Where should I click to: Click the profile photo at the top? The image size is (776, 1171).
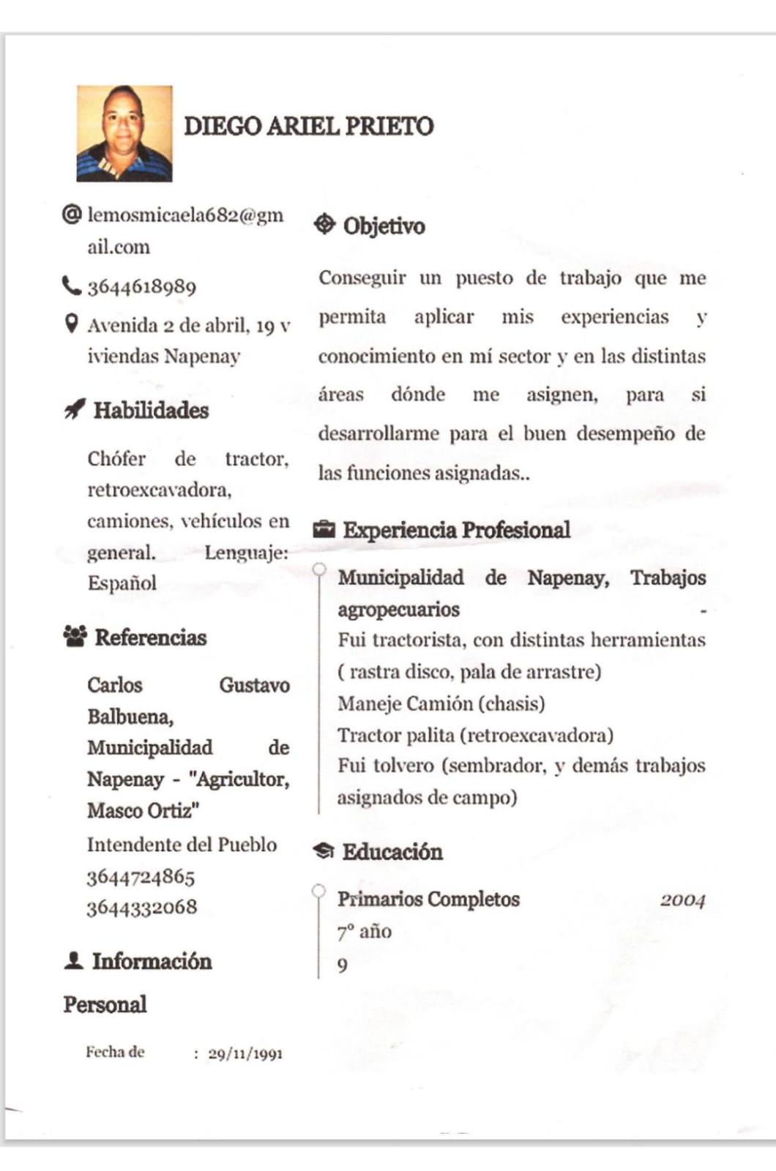tap(124, 133)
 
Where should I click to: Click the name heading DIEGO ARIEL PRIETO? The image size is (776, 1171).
tap(308, 126)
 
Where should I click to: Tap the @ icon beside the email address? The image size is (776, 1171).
tap(72, 214)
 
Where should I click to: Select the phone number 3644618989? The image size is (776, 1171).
tap(142, 286)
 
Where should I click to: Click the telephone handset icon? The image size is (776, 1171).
tap(71, 285)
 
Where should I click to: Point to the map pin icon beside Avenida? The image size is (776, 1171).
tap(71, 323)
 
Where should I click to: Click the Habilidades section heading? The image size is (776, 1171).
tap(151, 411)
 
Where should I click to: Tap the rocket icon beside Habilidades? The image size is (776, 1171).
tap(74, 410)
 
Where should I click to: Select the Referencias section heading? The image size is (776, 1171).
tap(151, 637)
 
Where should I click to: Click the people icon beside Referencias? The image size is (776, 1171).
tap(75, 637)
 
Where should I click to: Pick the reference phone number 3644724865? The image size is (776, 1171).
tap(141, 876)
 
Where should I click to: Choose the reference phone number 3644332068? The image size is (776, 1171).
tap(142, 908)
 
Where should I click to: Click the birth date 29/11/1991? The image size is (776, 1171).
tap(245, 1054)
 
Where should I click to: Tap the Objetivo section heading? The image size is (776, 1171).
tap(384, 225)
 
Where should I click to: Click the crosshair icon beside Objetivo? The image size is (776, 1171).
tap(324, 225)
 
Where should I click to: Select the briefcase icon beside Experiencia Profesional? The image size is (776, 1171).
tap(324, 529)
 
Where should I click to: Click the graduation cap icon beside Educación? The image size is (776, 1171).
tap(324, 851)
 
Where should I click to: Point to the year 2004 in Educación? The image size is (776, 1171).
tap(682, 900)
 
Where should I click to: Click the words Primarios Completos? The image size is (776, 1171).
tap(428, 899)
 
